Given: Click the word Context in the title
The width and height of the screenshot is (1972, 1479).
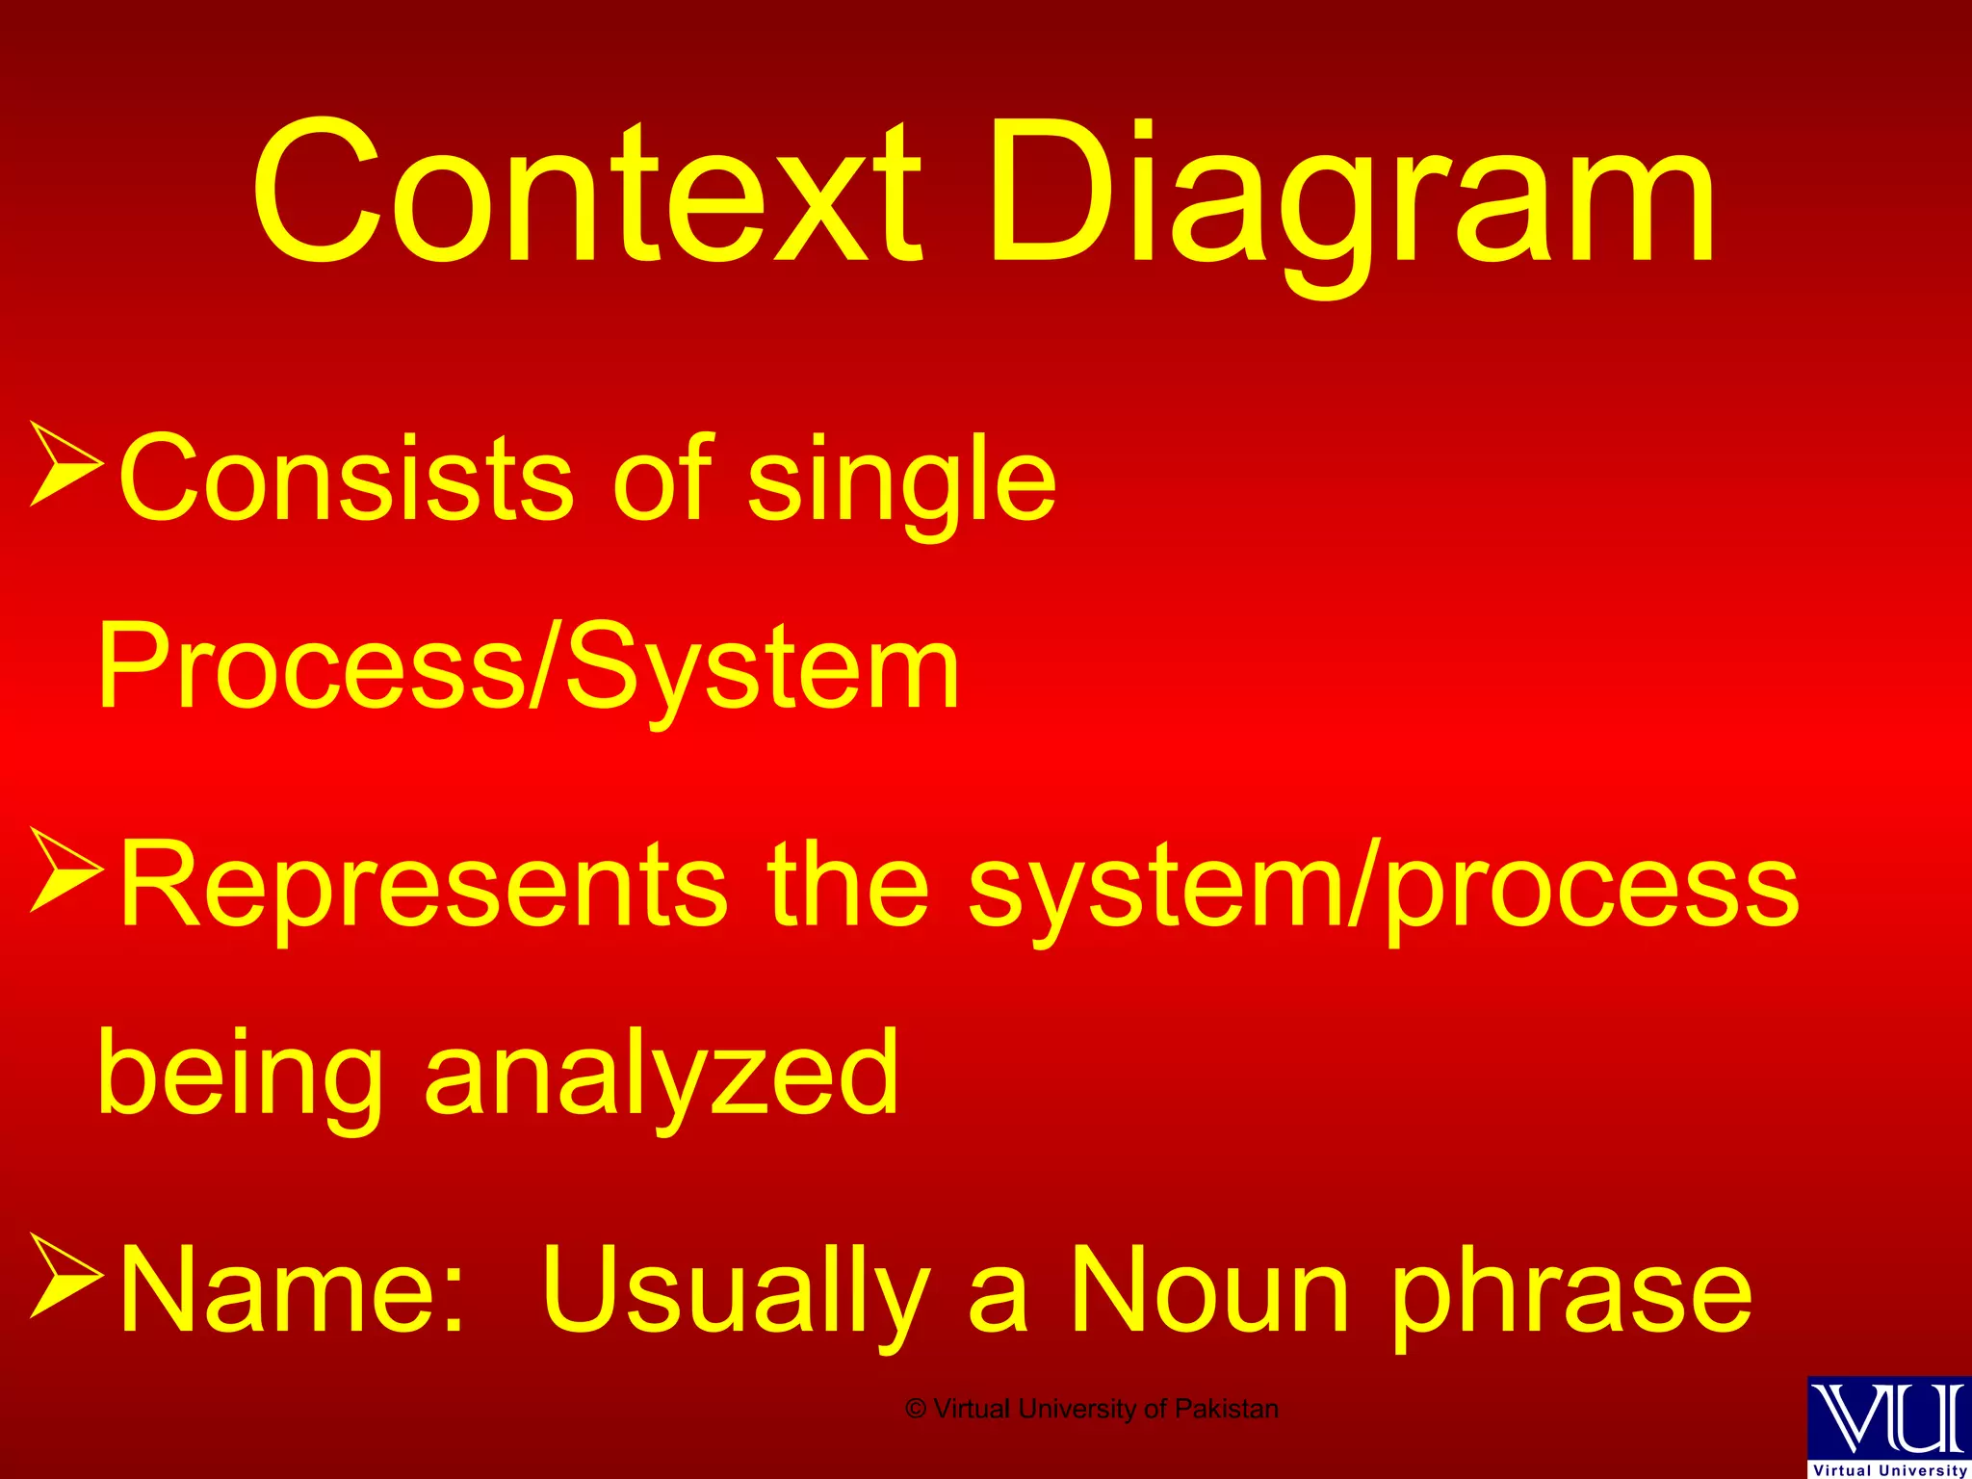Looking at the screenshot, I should pyautogui.click(x=587, y=193).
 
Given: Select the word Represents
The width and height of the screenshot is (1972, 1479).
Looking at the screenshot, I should pyautogui.click(x=423, y=884).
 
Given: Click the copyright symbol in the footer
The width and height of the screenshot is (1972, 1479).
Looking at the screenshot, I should pyautogui.click(x=916, y=1410).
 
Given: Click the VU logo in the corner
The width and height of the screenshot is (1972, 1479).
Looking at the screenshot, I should pyautogui.click(x=1889, y=1425).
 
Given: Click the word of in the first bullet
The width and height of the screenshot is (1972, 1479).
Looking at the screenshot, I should pyautogui.click(x=662, y=479).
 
